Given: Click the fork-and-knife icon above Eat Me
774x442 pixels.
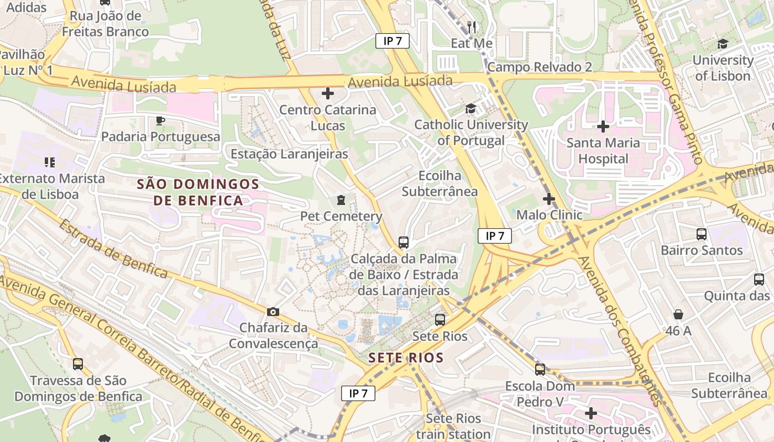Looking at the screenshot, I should click(x=472, y=26).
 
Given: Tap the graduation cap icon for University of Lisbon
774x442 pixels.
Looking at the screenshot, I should click(x=723, y=44).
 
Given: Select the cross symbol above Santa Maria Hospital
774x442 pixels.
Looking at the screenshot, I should click(x=603, y=127).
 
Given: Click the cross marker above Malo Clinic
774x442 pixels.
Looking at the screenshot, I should click(x=548, y=199).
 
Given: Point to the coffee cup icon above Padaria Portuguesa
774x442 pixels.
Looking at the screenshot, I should click(x=160, y=120).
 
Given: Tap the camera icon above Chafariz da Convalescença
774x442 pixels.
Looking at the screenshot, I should click(x=273, y=312).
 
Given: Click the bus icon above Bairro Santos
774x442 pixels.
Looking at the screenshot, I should click(x=702, y=234).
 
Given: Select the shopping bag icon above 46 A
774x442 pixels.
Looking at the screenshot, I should click(x=678, y=315).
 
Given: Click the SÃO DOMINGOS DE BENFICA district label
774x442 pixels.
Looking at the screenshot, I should click(x=198, y=192).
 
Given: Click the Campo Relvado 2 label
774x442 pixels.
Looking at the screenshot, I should click(x=540, y=67).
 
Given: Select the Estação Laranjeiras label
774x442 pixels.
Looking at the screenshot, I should click(x=289, y=154).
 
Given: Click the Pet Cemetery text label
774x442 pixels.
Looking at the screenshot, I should click(x=341, y=216).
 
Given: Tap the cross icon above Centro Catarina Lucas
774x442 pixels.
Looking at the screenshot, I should click(x=328, y=93).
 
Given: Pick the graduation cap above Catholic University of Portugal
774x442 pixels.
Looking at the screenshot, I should click(x=470, y=109).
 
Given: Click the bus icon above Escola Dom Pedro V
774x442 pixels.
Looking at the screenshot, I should click(x=540, y=370).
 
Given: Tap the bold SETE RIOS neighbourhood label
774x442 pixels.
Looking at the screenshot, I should click(x=406, y=357).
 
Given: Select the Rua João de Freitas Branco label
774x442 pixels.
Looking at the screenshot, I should click(x=105, y=24).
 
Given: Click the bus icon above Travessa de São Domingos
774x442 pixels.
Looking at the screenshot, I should click(x=78, y=364).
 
